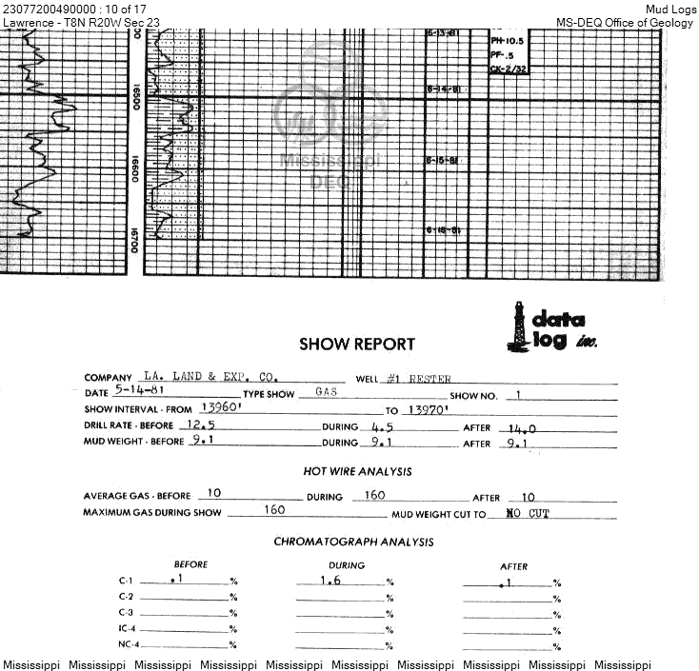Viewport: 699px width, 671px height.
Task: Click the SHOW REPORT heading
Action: click(357, 345)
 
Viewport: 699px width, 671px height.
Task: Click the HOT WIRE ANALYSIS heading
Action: click(357, 471)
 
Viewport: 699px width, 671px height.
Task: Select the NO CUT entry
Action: click(529, 513)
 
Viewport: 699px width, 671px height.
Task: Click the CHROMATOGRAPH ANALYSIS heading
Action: click(353, 542)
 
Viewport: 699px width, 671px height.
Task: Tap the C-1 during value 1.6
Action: click(330, 580)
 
